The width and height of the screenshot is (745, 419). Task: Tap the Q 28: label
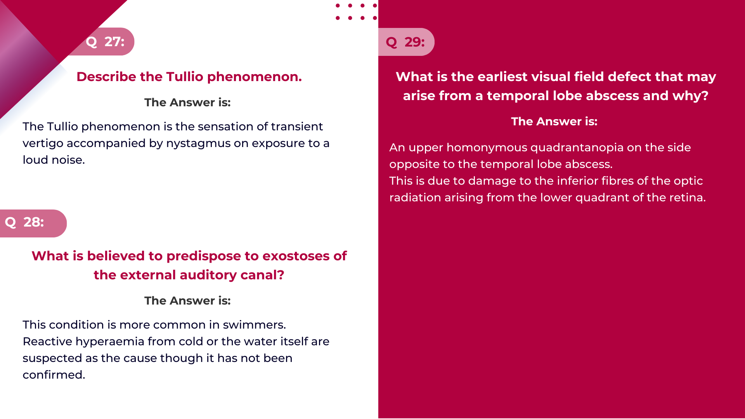[25, 222]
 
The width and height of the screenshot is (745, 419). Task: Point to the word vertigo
[43, 144]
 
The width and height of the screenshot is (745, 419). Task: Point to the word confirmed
[54, 375]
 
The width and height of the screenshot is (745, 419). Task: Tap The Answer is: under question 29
[554, 121]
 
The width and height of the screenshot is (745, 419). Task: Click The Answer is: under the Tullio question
[187, 102]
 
